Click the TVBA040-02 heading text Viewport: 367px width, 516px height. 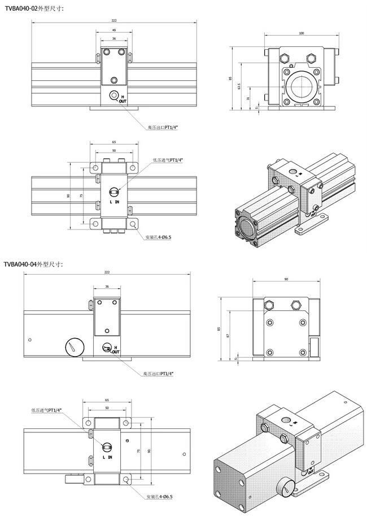pos(34,8)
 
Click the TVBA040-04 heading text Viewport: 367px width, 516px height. pos(34,264)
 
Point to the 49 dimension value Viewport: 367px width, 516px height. pos(114,30)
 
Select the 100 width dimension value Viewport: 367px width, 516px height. pos(301,33)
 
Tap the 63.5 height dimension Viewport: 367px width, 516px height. pos(239,86)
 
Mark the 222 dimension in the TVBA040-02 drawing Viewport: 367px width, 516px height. pos(114,20)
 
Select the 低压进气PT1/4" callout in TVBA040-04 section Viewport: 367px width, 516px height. pos(46,410)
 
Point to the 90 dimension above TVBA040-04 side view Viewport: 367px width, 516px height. pos(286,279)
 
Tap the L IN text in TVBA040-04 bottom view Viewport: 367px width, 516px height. pos(107,457)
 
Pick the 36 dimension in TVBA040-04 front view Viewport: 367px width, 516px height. pos(107,286)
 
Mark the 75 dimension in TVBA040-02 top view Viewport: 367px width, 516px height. pos(81,195)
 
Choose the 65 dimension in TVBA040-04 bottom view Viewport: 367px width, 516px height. pos(107,400)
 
